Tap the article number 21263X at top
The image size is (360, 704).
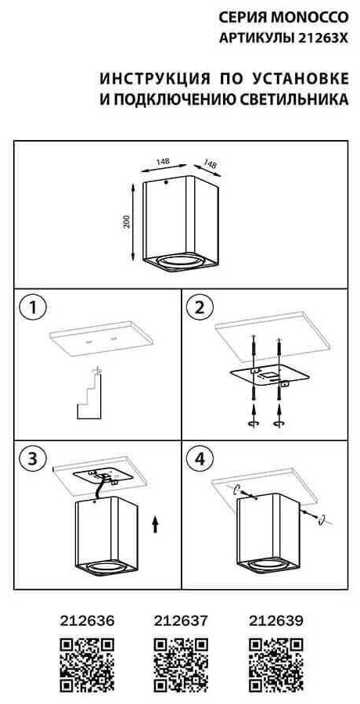(322, 38)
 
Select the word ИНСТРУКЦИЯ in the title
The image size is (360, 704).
(155, 78)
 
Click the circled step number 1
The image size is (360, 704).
(32, 307)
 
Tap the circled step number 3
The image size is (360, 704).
(32, 458)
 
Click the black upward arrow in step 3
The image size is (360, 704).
(155, 524)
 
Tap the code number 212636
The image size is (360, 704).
(87, 621)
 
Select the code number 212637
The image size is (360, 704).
(181, 621)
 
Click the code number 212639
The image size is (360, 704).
(275, 621)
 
